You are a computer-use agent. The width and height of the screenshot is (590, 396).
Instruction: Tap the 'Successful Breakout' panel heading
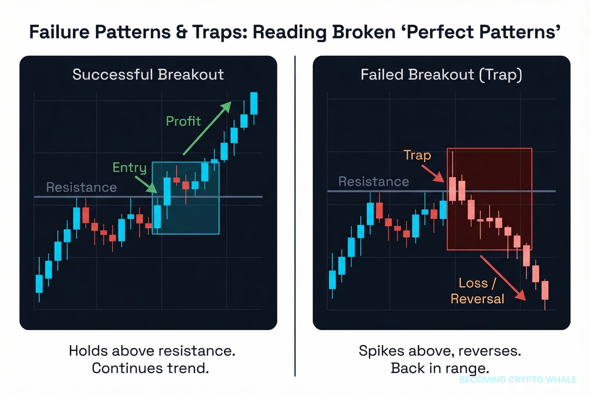148,75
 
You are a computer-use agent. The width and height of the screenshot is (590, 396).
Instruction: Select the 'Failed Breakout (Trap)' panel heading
441,75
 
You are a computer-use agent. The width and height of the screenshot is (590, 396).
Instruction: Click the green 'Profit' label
183,121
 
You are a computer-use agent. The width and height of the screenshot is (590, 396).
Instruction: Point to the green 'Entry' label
130,167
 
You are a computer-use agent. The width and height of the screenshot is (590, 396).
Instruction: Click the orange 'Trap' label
417,155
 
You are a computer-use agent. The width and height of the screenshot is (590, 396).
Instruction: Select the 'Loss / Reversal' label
477,291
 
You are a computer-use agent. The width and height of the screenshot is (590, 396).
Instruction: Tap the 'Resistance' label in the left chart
82,187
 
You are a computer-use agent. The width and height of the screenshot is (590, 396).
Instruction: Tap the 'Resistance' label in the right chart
374,181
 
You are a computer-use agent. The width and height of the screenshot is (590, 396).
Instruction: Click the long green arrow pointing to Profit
206,128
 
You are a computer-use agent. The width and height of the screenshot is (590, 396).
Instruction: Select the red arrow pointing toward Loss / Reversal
502,278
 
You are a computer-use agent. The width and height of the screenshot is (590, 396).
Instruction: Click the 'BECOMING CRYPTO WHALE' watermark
518,380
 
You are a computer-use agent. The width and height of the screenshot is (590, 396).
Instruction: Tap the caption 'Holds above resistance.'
152,350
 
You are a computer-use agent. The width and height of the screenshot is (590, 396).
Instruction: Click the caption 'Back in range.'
440,368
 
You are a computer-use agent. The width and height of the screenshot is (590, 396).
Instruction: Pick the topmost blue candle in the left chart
254,103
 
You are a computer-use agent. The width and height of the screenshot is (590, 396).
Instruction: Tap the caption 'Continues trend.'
152,368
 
